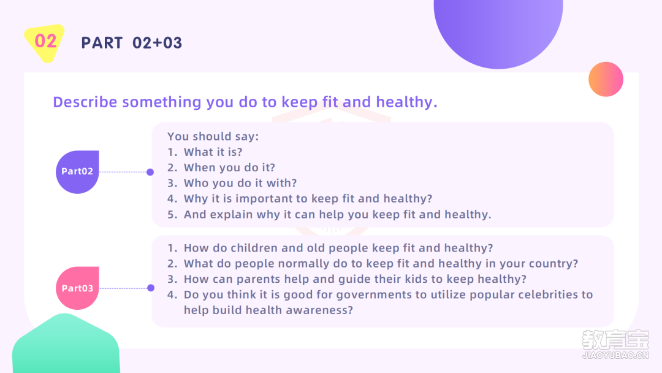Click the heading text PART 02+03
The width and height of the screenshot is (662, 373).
click(132, 43)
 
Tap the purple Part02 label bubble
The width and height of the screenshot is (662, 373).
click(77, 172)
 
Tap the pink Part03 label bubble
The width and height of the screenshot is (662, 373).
click(77, 288)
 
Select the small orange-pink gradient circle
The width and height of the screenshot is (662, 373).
click(606, 79)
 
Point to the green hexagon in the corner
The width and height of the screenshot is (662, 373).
click(66, 344)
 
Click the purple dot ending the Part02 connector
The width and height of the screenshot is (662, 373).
click(150, 172)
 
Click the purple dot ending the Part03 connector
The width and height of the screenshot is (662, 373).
click(151, 288)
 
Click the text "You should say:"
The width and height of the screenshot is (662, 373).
click(213, 136)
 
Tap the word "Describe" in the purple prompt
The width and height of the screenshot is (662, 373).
click(85, 102)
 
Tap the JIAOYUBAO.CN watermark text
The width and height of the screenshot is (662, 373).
click(615, 355)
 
